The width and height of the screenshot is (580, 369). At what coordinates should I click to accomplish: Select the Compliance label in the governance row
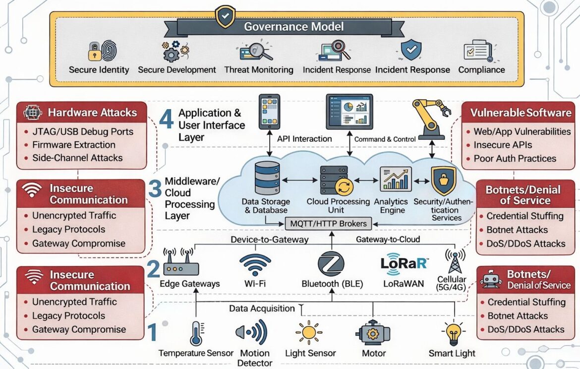coord(481,70)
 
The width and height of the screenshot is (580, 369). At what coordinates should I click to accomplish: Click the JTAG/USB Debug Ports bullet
coord(82,132)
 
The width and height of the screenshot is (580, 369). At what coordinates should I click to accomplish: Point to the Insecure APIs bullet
coord(503,145)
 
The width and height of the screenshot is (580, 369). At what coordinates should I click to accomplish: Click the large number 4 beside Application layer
coord(167,119)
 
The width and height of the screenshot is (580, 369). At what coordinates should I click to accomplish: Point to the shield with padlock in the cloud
coord(443,180)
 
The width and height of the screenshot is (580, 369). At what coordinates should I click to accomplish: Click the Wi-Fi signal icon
coord(255,265)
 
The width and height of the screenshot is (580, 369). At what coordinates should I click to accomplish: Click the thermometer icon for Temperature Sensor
coord(196,333)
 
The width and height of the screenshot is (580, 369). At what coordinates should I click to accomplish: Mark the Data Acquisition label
coord(262,308)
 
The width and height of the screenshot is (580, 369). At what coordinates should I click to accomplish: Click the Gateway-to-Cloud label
coord(388,240)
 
